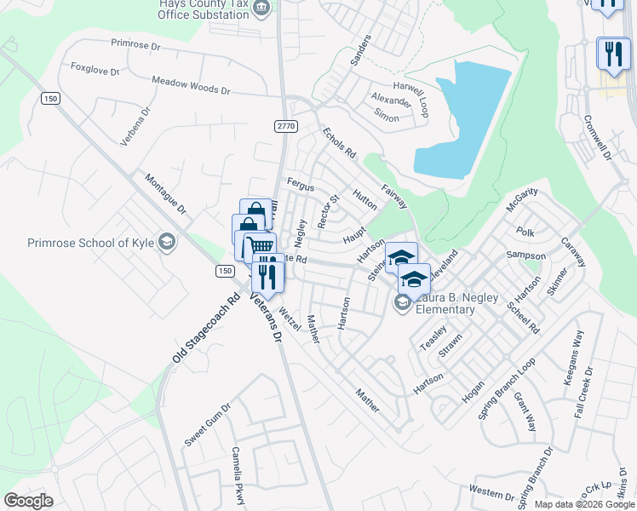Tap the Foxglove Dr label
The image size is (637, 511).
point(95,69)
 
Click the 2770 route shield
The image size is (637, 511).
point(285,125)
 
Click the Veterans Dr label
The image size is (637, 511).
point(264,317)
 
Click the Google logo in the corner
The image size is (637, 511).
point(28,500)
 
